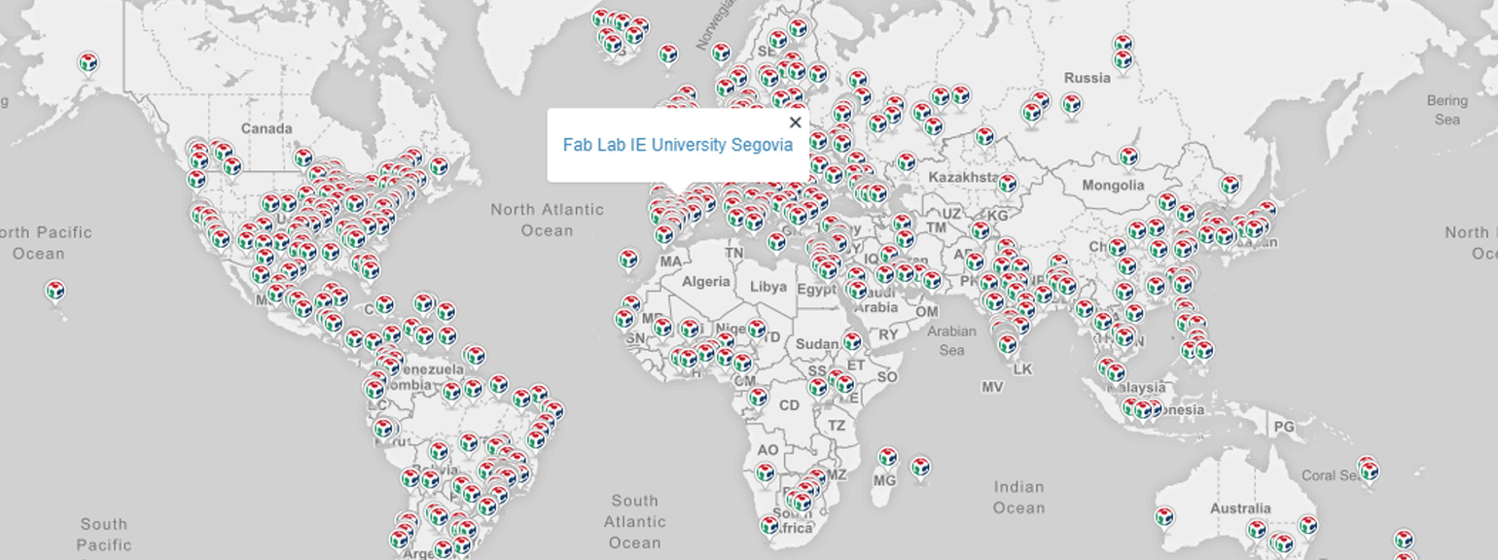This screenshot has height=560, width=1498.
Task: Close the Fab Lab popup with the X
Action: point(795,122)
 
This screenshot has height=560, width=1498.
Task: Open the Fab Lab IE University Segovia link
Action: point(677,145)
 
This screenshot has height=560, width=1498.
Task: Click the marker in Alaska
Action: point(88,63)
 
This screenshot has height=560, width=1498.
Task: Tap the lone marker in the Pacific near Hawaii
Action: point(55,291)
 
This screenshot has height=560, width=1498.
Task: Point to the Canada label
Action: point(266,128)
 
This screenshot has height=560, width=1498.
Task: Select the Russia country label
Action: point(1087,78)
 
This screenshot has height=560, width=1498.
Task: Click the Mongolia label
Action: point(1113,185)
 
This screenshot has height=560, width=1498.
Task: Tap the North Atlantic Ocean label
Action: point(547,220)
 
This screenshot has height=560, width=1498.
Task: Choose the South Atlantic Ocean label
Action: point(634,521)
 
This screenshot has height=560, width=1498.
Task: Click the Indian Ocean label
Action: point(1018,497)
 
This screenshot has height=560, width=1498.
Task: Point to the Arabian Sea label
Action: point(951,340)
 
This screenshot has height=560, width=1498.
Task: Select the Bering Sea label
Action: point(1446,110)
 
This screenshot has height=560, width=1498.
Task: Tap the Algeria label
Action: point(705,282)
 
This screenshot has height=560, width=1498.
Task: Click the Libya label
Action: point(768,287)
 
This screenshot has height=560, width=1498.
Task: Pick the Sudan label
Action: point(816,344)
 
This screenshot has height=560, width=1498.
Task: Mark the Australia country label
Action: point(1240,508)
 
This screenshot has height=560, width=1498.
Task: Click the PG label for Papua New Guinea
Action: point(1284,427)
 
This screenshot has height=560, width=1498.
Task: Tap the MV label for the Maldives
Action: point(992,387)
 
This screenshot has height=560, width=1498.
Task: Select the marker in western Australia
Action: point(1163,516)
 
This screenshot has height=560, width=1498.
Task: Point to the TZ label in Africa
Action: point(837,426)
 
